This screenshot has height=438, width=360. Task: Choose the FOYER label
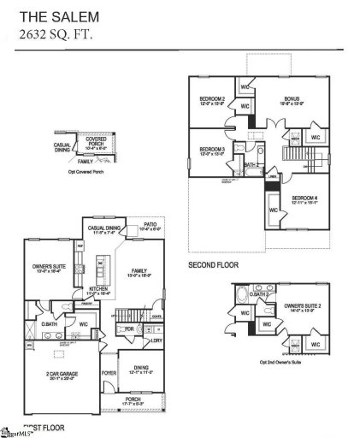(x=109, y=371)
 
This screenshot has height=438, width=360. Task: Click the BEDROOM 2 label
(x=212, y=99)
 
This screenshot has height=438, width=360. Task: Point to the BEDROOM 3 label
(x=212, y=150)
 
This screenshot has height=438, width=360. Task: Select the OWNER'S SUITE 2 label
(x=298, y=305)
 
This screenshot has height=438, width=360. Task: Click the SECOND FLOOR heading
(x=214, y=266)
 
